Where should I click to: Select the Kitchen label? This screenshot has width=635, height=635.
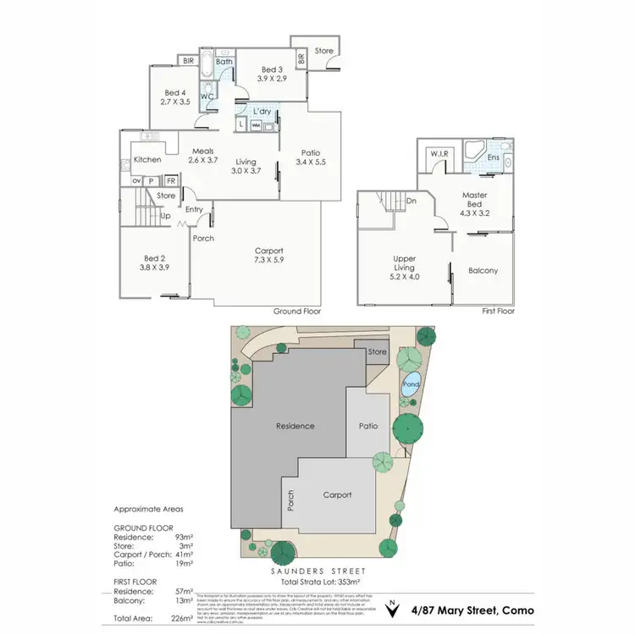pos(147,160)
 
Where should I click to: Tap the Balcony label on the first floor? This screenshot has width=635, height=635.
pos(483,271)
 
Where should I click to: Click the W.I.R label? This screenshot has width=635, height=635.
pos(439,153)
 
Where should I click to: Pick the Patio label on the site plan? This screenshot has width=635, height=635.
pos(367,426)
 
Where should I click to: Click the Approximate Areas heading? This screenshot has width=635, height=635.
pos(148,510)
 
